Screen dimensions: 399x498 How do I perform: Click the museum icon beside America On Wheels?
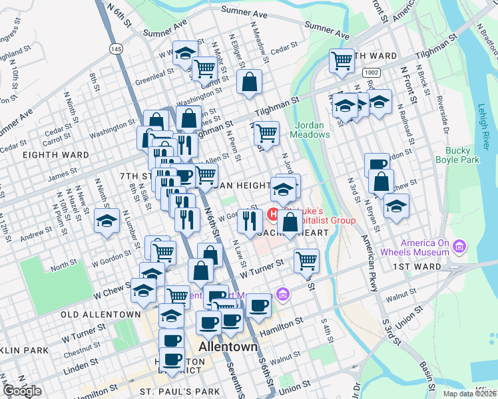458,248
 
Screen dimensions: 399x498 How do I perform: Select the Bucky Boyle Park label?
457,156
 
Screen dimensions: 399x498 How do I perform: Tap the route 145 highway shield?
117,49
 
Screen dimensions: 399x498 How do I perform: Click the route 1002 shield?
372,71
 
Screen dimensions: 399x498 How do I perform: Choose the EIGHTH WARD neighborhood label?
56,155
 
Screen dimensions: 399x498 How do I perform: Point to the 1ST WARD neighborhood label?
417,267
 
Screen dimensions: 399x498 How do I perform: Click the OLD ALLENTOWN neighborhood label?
101,314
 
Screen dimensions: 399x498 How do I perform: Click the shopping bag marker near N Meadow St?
249,82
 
